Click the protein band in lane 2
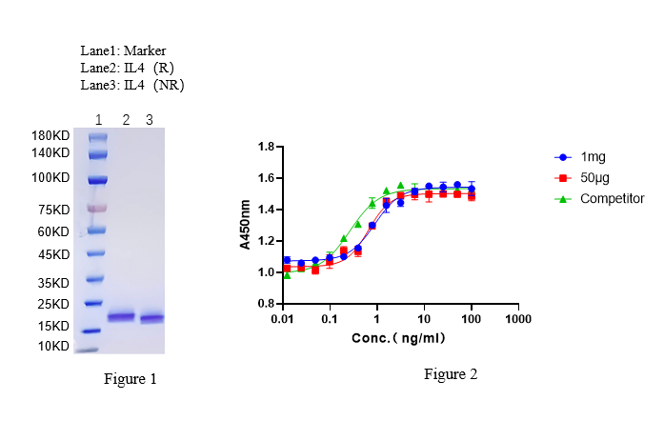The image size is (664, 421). (121, 317)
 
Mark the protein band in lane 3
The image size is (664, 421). (151, 318)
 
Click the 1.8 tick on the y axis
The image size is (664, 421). (266, 147)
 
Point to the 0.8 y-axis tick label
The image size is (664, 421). (266, 303)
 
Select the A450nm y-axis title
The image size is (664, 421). (245, 225)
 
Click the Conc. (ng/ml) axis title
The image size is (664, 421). (400, 337)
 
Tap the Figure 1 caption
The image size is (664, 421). (130, 379)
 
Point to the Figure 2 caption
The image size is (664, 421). (451, 374)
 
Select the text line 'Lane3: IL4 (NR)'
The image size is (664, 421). (132, 85)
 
